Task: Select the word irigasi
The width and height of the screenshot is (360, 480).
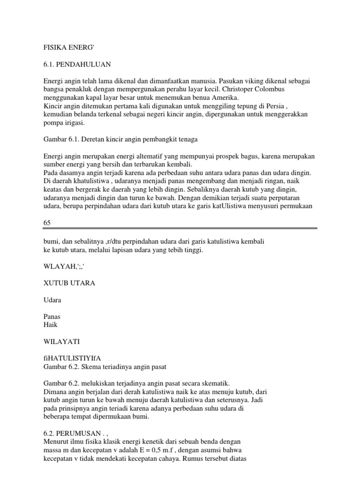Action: [x=78, y=123]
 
